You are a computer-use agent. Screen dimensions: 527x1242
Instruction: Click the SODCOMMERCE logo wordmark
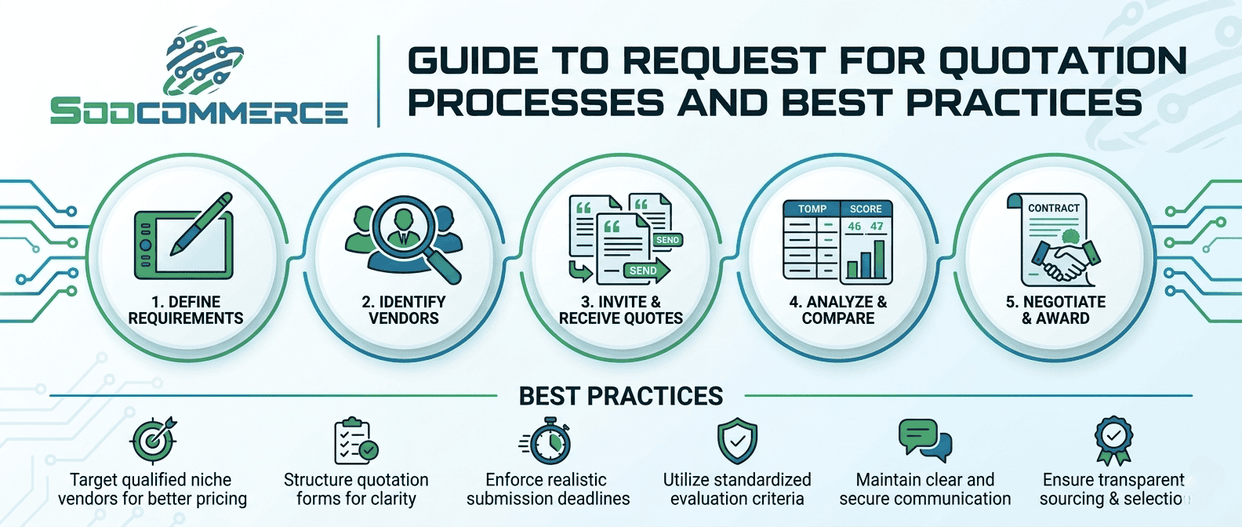coord(198,111)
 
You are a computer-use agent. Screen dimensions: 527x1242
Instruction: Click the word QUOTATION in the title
coord(1062,60)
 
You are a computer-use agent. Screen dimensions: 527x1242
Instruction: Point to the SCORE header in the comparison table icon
coord(866,209)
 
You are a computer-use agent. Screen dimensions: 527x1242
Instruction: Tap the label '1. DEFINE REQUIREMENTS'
coord(186,310)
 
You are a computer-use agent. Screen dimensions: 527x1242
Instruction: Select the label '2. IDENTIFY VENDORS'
coord(404,310)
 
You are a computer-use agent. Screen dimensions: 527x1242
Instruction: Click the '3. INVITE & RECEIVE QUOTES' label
coord(621,310)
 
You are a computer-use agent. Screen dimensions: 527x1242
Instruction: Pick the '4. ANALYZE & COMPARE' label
coord(838,310)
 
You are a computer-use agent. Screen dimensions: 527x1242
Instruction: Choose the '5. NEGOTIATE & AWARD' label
coord(1055,310)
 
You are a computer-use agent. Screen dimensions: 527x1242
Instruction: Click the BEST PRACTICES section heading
coord(621,396)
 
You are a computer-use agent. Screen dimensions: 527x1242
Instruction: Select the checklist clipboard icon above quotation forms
coord(355,441)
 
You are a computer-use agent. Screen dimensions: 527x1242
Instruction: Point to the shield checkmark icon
coord(737,441)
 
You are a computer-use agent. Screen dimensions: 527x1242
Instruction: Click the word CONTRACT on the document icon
coord(1054,208)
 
